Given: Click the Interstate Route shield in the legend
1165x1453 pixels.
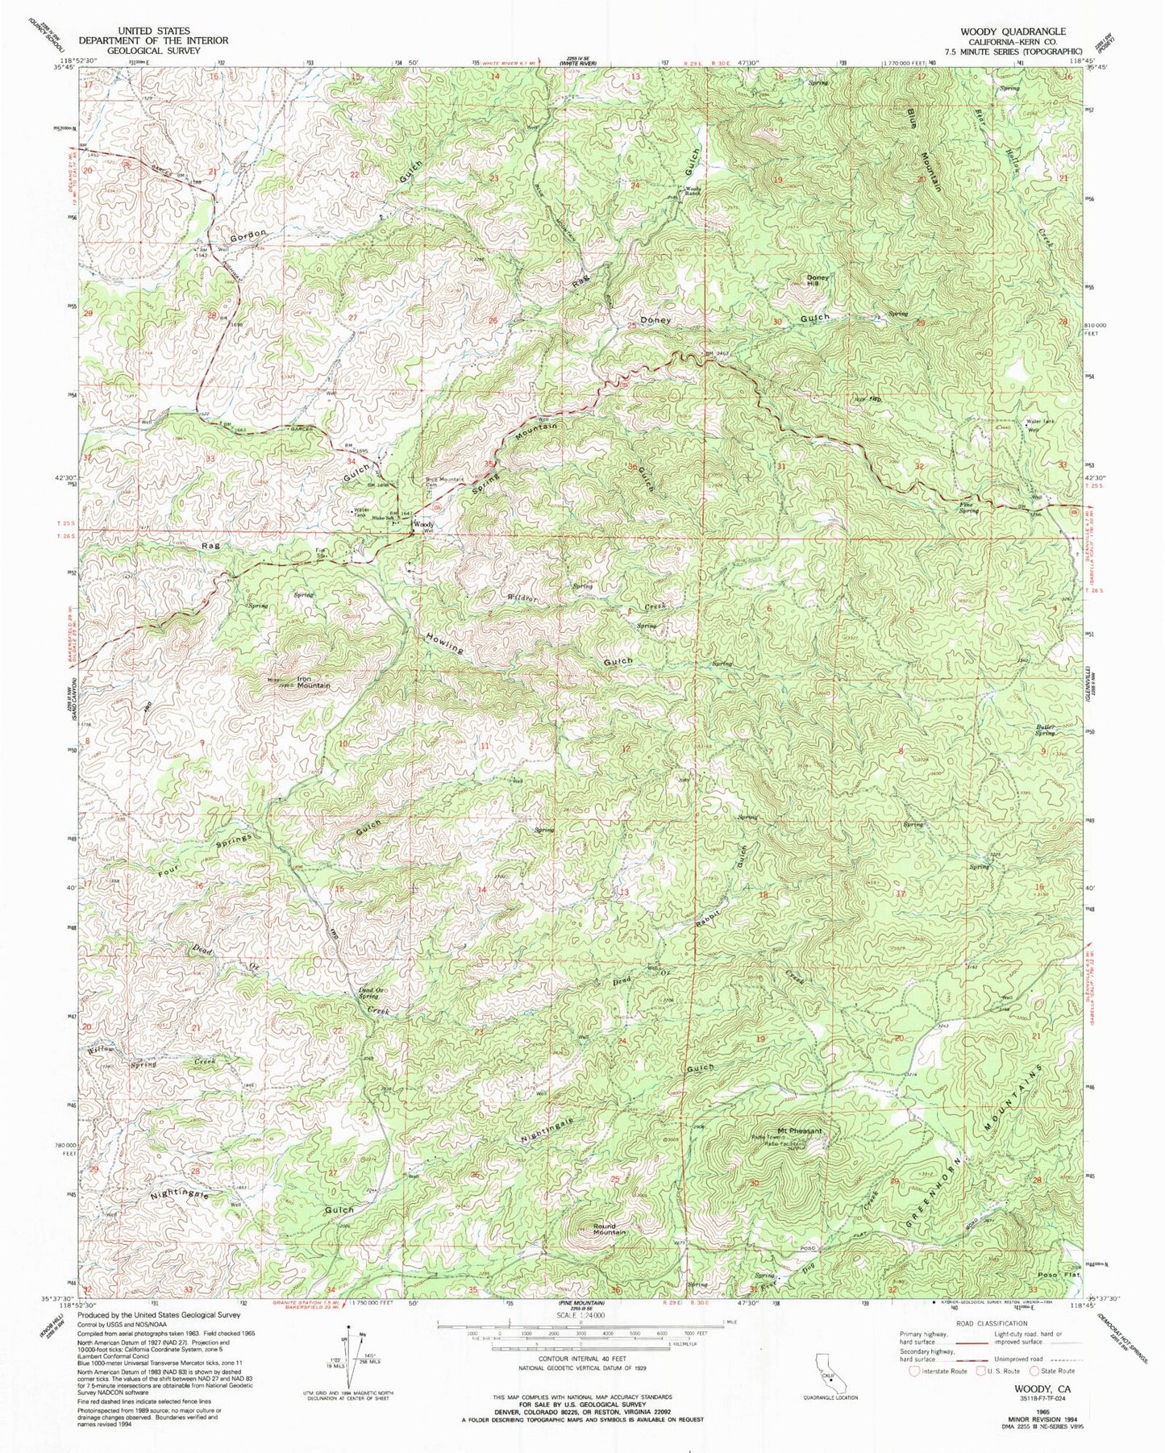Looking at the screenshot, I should (x=914, y=1370).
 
